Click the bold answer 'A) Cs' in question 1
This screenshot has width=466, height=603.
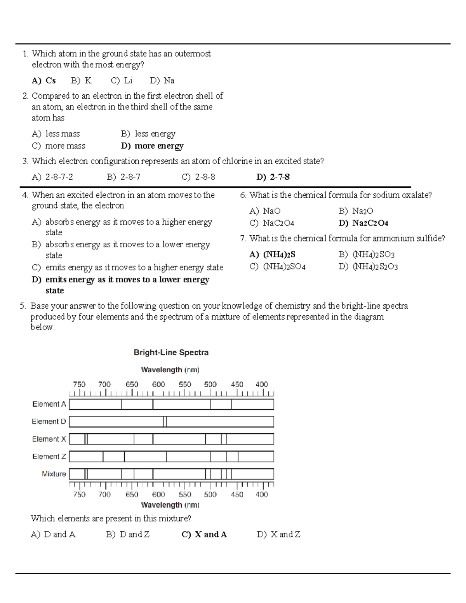(43, 80)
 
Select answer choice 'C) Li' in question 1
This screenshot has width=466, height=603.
(122, 80)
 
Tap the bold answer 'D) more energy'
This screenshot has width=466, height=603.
(152, 146)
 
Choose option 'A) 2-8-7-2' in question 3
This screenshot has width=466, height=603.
(52, 177)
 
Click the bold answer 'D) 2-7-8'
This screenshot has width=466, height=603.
(273, 177)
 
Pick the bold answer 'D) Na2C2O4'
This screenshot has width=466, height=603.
(363, 223)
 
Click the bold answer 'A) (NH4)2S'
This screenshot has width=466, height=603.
(272, 254)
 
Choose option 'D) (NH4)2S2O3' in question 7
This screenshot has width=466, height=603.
(368, 266)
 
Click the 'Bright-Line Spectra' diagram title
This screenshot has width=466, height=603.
(171, 353)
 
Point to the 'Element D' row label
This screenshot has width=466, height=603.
(49, 421)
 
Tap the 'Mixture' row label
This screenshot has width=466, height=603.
(54, 474)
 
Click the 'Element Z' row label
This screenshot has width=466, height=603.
(49, 456)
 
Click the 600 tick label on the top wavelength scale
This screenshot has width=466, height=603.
(158, 384)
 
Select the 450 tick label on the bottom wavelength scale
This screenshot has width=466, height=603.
(237, 494)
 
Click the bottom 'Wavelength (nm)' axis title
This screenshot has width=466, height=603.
(170, 505)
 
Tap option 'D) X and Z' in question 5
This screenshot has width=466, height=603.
(278, 534)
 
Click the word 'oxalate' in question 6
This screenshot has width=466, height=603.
(415, 195)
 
